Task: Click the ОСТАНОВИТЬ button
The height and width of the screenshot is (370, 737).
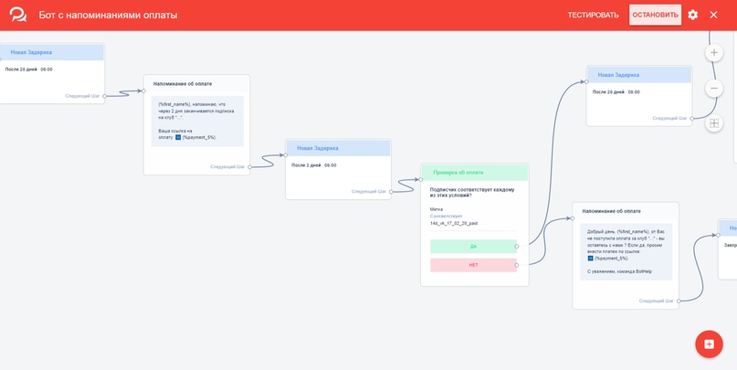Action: pos(655,15)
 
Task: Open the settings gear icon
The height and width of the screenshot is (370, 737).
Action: pos(693,15)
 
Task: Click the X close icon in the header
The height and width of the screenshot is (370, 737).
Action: pos(714,15)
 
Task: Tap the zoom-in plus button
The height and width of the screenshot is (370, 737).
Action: pos(714,53)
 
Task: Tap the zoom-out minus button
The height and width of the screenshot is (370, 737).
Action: pos(714,89)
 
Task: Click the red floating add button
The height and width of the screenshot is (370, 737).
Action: pos(709,344)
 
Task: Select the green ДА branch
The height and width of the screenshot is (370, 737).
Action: pos(473,246)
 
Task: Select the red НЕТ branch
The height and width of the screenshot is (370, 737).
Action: pos(473,265)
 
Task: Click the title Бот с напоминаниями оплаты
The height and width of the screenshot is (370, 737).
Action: pos(109,16)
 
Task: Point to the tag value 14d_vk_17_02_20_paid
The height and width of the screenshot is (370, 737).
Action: pos(454,223)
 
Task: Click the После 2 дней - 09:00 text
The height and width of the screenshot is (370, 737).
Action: pos(314,165)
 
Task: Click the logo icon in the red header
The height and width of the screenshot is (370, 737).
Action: pos(18,16)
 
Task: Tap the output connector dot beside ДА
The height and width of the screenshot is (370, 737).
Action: pos(517,246)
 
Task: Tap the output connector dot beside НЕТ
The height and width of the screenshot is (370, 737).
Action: pos(517,265)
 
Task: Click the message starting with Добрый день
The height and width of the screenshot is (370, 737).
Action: pos(626,250)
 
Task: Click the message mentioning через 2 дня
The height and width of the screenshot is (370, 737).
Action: pos(197,121)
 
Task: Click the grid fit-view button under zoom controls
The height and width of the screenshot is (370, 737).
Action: pos(714,123)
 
